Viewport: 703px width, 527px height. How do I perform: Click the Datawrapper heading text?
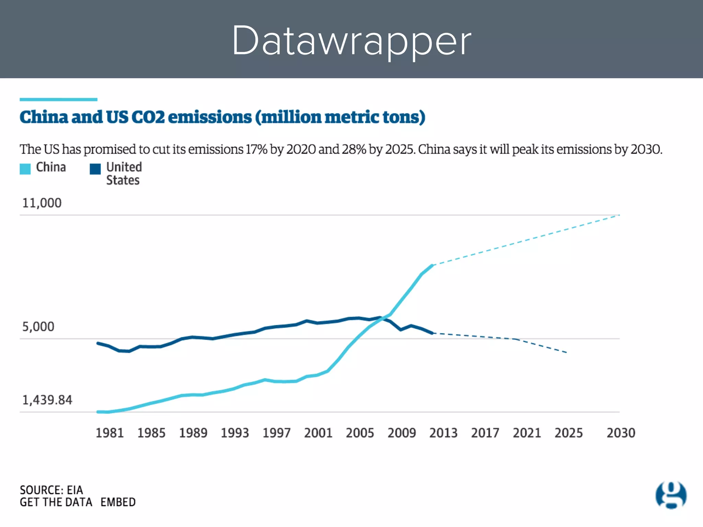click(x=351, y=40)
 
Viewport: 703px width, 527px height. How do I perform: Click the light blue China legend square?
click(x=25, y=169)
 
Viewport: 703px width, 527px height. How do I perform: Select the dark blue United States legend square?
click(x=95, y=169)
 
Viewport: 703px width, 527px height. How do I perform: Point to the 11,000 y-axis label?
click(x=42, y=203)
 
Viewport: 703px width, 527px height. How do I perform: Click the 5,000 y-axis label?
click(x=38, y=327)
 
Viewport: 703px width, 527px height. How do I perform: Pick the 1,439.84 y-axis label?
click(x=47, y=400)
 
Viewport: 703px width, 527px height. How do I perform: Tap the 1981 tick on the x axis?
click(x=110, y=433)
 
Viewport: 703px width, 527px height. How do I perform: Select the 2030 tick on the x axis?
click(x=621, y=433)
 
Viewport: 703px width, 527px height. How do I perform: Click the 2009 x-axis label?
click(x=402, y=433)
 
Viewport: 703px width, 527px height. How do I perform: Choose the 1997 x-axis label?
click(x=276, y=433)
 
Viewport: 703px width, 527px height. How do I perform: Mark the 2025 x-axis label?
click(x=568, y=433)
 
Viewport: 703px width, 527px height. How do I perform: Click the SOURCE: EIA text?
click(x=51, y=490)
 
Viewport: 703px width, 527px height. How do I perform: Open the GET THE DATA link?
click(x=56, y=502)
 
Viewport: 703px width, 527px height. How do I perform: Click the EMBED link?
click(x=118, y=502)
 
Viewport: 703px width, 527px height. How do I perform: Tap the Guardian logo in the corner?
click(x=671, y=495)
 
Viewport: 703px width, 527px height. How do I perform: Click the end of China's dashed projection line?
click(x=619, y=215)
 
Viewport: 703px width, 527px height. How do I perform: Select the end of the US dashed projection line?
click(x=566, y=352)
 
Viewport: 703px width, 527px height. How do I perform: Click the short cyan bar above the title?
click(x=58, y=99)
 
